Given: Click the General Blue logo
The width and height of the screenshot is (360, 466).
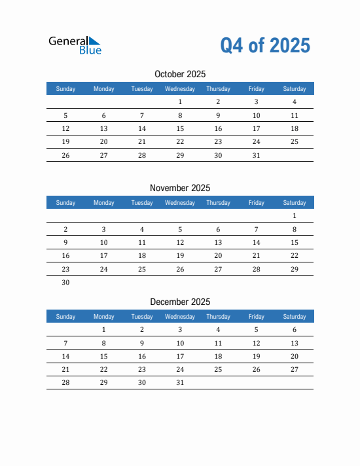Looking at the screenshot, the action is (75, 45).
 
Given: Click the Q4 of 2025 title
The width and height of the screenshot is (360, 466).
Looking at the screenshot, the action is (265, 45).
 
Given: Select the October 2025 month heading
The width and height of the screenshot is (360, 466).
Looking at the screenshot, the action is (180, 74).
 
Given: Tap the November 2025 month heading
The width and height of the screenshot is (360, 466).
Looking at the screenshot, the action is (180, 188).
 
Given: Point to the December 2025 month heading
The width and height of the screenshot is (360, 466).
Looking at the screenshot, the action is (180, 302).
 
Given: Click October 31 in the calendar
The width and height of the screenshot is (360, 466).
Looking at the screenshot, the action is (257, 156).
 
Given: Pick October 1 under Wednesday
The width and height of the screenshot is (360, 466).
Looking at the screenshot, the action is (180, 101).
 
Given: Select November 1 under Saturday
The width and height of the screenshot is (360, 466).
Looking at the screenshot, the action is (295, 215).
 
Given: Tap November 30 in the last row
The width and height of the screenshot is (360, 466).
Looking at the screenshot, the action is (65, 283).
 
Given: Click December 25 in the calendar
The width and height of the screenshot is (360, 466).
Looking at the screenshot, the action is (218, 370).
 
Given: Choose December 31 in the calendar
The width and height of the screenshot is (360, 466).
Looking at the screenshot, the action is (180, 383).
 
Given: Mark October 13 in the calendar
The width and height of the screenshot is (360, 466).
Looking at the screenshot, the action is (103, 129).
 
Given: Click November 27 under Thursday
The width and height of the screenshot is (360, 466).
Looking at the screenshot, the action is (218, 269).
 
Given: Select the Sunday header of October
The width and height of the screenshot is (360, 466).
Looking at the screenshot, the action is (65, 89).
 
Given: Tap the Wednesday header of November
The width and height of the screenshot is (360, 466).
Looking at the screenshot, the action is (180, 203).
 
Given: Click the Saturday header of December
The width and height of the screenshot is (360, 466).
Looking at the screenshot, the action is (295, 317).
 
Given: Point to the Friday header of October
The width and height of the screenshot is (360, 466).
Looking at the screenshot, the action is (257, 89).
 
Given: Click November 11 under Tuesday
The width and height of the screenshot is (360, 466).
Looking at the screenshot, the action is (142, 242).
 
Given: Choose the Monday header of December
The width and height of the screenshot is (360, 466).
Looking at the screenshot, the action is (103, 317).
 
